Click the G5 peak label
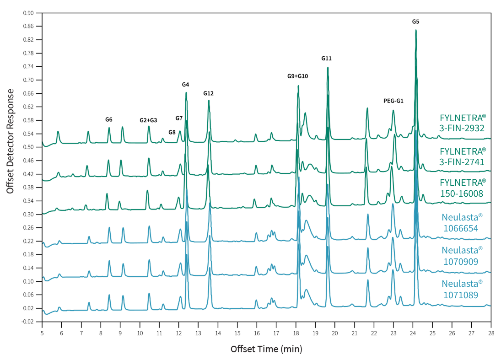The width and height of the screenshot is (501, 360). pyautogui.click(x=415, y=21)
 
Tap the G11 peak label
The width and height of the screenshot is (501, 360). pyautogui.click(x=326, y=59)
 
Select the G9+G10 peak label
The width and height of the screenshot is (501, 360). pyautogui.click(x=297, y=76)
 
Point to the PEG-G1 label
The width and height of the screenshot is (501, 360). pyautogui.click(x=393, y=101)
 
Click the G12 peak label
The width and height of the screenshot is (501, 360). pyautogui.click(x=209, y=93)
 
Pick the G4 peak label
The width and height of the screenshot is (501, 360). pyautogui.click(x=185, y=85)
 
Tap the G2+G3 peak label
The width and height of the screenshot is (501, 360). pyautogui.click(x=148, y=120)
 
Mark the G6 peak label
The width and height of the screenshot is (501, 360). pyautogui.click(x=109, y=119)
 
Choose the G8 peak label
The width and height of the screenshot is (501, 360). pyautogui.click(x=172, y=132)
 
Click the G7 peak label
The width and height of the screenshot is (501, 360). pyautogui.click(x=179, y=118)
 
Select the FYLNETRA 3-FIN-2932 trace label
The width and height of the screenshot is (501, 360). pyautogui.click(x=462, y=123)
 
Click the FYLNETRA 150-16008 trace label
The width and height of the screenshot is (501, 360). pyautogui.click(x=462, y=188)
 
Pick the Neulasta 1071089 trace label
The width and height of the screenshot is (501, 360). pyautogui.click(x=462, y=289)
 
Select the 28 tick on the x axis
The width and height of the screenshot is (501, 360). pyautogui.click(x=491, y=331)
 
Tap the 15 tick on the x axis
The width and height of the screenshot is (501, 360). pyautogui.click(x=237, y=331)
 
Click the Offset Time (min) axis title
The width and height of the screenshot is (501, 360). pyautogui.click(x=266, y=349)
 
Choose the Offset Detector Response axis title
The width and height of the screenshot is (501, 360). pyautogui.click(x=10, y=141)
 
